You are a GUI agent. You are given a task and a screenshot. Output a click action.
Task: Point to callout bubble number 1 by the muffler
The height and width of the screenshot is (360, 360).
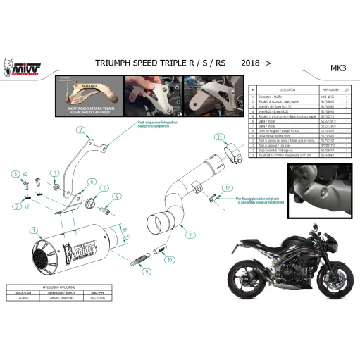pyautogui.click(x=32, y=230)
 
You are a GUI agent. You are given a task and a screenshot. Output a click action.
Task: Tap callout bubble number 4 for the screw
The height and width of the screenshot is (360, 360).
pyautogui.click(x=118, y=197)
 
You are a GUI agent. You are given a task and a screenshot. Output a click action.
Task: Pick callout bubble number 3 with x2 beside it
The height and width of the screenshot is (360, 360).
pyautogui.click(x=15, y=173)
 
